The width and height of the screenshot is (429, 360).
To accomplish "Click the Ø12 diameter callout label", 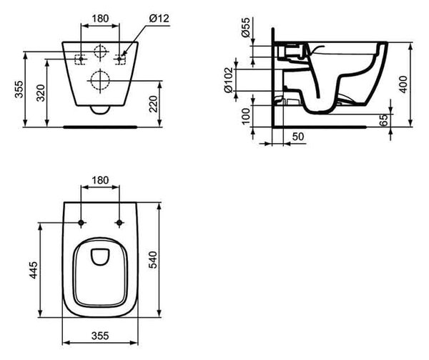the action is (x=159, y=19).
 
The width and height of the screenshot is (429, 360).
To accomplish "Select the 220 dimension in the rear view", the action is (x=154, y=104).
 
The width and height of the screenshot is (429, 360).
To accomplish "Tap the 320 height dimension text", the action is (x=41, y=93).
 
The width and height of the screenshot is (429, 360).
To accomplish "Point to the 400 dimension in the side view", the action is (x=403, y=84).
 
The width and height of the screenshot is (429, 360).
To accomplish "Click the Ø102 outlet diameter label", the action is (x=229, y=80).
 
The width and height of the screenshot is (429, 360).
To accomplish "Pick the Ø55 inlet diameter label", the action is (x=246, y=27).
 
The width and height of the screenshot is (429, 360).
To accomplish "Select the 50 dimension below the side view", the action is (x=298, y=137).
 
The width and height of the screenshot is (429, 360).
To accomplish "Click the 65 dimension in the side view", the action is (x=385, y=120).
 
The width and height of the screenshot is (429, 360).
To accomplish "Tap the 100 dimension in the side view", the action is (x=246, y=116).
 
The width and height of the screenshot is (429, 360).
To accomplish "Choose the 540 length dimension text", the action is (x=153, y=260).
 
